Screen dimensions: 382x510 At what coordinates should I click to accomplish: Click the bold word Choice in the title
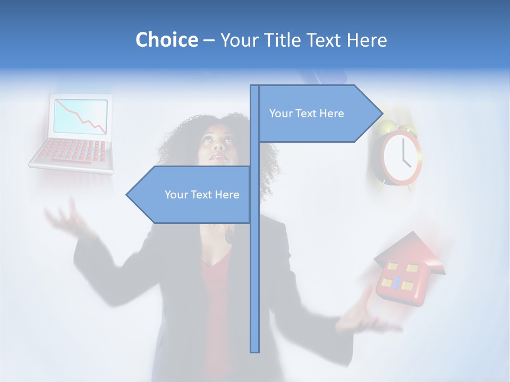pyautogui.click(x=166, y=40)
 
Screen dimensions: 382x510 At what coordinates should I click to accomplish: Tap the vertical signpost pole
pyautogui.click(x=255, y=265)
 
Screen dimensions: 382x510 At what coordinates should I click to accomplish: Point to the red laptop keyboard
pyautogui.click(x=74, y=151)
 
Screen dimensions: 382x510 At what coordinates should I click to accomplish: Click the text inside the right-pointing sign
pyautogui.click(x=307, y=114)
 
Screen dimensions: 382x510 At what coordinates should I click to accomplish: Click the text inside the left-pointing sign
pyautogui.click(x=202, y=195)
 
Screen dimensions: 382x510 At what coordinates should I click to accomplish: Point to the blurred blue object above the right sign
pyautogui.click(x=329, y=76)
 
